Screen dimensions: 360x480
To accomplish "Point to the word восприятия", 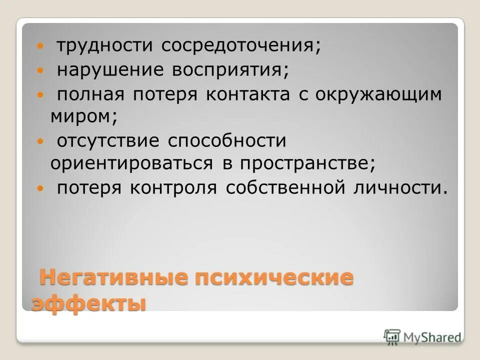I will coord(230,70).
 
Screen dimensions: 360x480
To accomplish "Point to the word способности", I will coord(226,141).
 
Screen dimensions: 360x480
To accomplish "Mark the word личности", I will coord(400,188).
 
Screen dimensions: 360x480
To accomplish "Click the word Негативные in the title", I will coord(112,278).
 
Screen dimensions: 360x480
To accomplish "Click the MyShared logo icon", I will coord(392,336).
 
